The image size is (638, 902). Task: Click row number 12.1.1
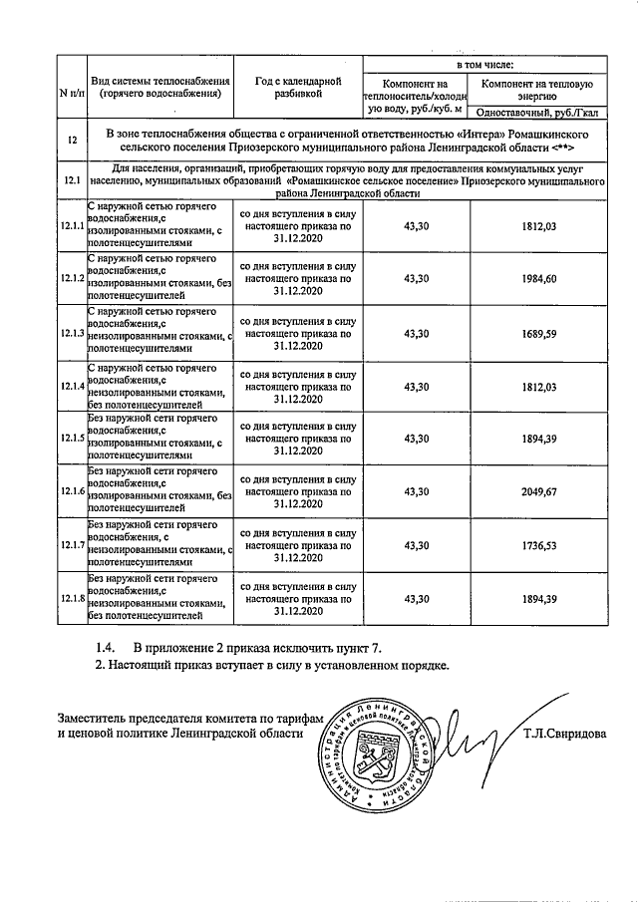click(71, 226)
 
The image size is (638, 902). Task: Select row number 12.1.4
click(71, 386)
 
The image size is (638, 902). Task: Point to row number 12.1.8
click(71, 598)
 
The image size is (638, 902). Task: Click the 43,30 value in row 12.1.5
click(416, 439)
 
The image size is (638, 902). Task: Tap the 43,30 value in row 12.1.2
click(416, 279)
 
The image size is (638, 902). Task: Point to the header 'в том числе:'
click(485, 64)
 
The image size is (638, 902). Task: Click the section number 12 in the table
click(71, 140)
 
